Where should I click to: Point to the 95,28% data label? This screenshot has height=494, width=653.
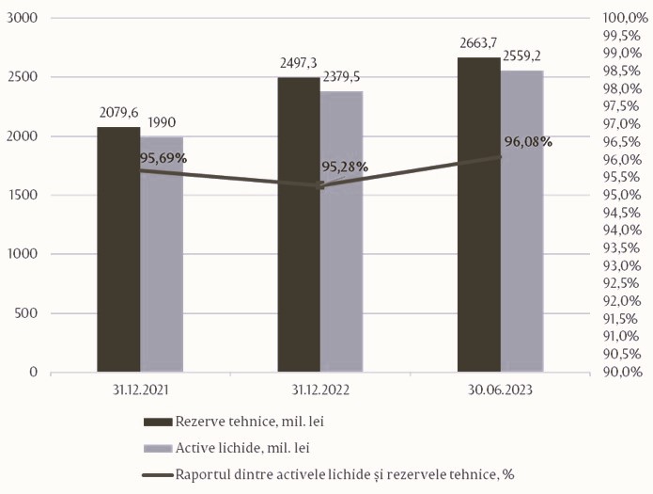pos(345,167)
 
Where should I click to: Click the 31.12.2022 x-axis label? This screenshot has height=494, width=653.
pos(320,387)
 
